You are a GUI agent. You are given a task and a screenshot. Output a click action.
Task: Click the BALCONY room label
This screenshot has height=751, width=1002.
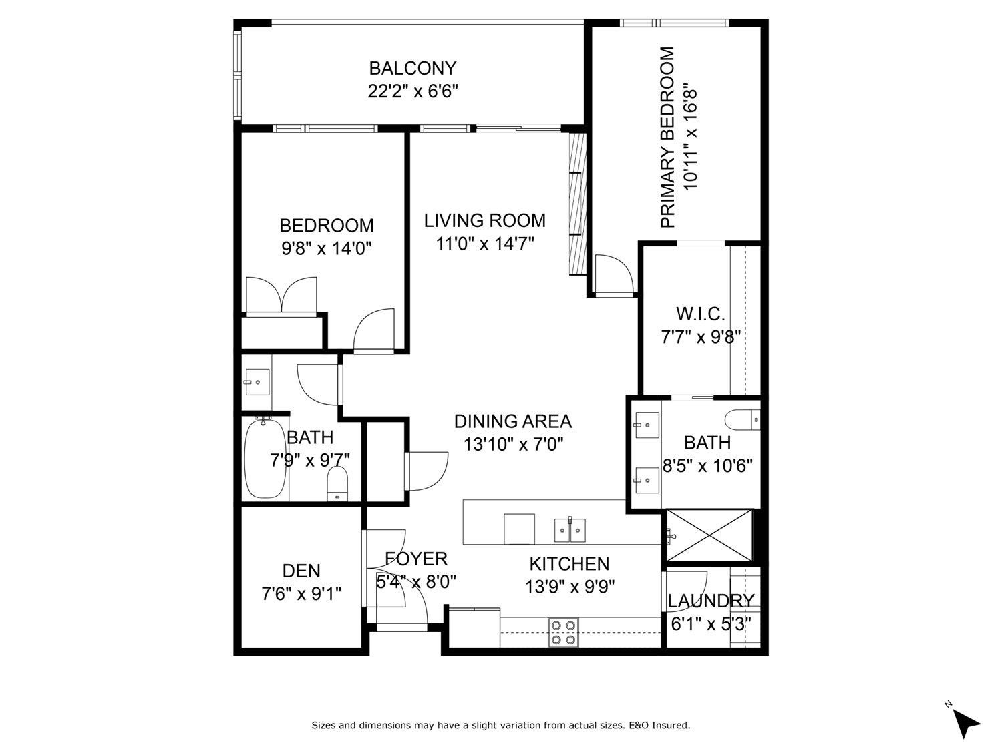click(412, 68)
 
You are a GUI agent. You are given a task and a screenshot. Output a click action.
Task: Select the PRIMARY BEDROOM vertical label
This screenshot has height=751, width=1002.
click(667, 138)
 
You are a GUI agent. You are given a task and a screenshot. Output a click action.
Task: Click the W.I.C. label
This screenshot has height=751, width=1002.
click(700, 314)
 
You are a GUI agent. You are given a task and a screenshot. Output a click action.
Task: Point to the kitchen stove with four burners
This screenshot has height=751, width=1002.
click(562, 632)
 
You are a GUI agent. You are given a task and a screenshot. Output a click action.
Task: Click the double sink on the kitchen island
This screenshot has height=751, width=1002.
click(570, 531)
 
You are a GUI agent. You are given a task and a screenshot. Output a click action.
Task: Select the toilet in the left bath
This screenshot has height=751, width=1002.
click(337, 483)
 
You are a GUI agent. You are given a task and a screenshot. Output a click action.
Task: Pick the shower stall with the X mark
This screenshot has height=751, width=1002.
click(709, 536)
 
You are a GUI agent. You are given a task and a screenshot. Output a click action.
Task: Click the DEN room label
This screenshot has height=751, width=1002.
click(301, 571)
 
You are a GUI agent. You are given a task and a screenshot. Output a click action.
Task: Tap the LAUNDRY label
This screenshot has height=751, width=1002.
click(711, 601)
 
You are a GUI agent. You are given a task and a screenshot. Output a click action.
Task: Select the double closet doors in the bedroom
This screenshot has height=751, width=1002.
click(281, 295)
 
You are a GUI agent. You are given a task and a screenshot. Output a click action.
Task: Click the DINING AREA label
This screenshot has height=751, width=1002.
click(512, 421)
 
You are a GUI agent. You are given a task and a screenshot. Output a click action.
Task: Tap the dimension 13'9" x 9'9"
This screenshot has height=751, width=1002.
click(570, 587)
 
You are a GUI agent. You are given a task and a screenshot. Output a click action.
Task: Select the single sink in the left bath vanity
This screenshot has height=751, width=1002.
click(257, 383)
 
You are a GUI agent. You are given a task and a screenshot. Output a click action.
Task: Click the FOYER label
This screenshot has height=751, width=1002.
click(415, 559)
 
